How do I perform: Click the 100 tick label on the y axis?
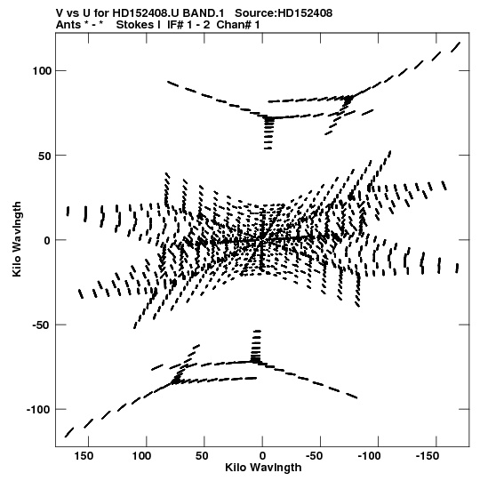tap(41, 71)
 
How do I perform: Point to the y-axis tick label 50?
tap(44, 156)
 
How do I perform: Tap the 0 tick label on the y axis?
tap(46, 240)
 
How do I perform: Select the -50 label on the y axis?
tap(41, 325)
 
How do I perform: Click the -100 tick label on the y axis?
tap(38, 410)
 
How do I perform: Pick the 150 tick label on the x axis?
tap(84, 456)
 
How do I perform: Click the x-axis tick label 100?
tap(141, 456)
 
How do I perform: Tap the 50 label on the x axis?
tap(202, 456)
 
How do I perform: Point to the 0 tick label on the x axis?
tap(262, 456)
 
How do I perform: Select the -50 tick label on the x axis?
tap(315, 456)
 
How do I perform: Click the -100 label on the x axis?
tap(370, 456)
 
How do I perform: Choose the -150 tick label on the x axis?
tap(428, 456)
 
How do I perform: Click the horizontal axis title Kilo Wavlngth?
tap(263, 468)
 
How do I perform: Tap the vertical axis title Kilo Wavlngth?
tap(17, 239)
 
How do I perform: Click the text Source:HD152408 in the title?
tap(284, 13)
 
